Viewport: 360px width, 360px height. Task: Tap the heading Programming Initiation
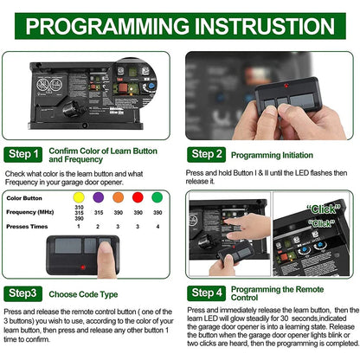[285, 154]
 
